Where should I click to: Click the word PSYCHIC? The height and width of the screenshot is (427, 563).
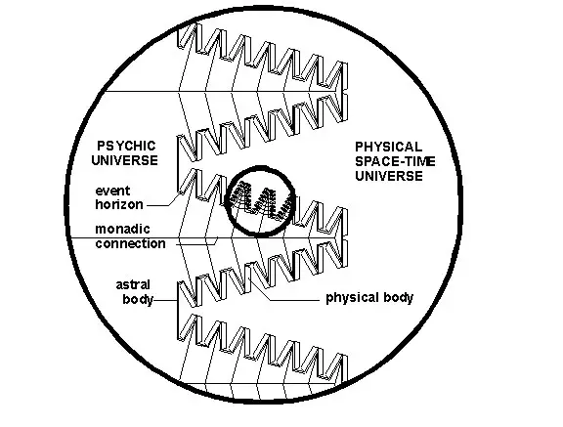click(126, 146)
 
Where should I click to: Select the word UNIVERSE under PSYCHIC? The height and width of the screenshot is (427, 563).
click(124, 160)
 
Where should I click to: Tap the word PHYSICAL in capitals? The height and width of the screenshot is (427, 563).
click(388, 148)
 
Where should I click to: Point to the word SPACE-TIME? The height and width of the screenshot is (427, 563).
click(395, 161)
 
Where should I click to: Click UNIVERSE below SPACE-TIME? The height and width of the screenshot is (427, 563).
click(389, 176)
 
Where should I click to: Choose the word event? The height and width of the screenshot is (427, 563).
click(112, 191)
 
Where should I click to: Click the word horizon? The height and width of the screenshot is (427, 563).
click(119, 204)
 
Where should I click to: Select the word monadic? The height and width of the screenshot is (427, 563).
click(123, 229)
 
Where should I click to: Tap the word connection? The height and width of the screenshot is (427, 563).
click(130, 243)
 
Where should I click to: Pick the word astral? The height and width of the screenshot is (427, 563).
click(133, 285)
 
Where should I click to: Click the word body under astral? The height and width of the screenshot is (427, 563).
click(138, 299)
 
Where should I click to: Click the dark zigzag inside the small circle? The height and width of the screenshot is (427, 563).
click(260, 201)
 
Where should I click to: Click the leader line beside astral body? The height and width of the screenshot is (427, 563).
click(165, 300)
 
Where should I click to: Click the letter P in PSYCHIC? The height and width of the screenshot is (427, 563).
click(101, 146)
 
